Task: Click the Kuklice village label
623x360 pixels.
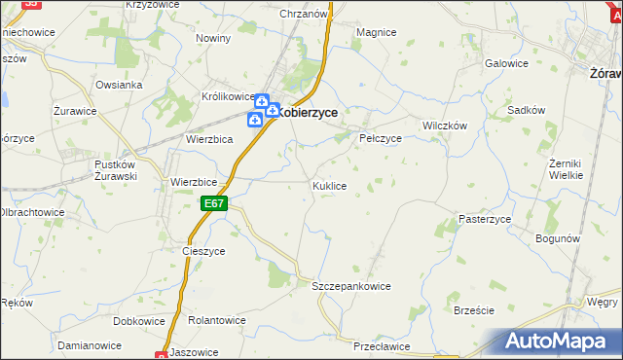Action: [329, 185]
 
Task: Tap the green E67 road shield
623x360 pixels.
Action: [215, 203]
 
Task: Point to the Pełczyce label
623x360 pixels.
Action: [381, 138]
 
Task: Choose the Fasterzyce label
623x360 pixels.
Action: [485, 220]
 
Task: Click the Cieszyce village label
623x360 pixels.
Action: [203, 250]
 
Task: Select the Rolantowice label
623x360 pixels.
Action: [218, 320]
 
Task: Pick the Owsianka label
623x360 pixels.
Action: [119, 85]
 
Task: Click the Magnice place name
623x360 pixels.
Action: [376, 32]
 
